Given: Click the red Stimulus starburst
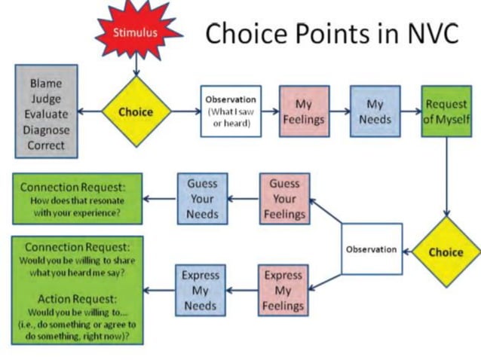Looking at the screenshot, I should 136,32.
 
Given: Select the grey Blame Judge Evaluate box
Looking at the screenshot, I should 47,111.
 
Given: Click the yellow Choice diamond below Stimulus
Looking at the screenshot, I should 136,112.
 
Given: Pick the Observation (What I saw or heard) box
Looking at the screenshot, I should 231,111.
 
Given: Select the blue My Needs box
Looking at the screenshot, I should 375,111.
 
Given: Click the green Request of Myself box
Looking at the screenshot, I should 446,111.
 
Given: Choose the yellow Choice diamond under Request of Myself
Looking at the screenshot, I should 446,252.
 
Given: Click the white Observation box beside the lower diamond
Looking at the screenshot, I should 371,249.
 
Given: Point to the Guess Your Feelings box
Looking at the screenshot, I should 284,199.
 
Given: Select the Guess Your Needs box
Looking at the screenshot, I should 201,199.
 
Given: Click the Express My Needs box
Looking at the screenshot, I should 200,290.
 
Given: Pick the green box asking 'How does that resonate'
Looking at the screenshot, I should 78,200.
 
